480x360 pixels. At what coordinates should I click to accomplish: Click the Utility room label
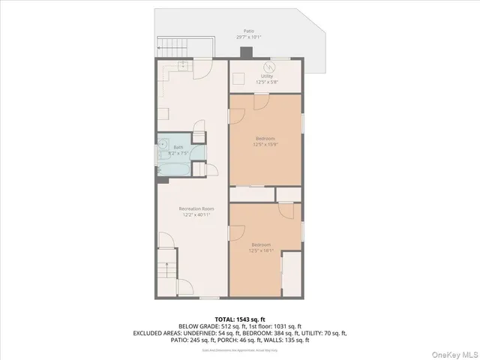pyautogui.click(x=266, y=76)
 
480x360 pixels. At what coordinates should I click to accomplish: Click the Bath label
pyautogui.click(x=178, y=147)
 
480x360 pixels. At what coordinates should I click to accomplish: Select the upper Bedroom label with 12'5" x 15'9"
pyautogui.click(x=265, y=139)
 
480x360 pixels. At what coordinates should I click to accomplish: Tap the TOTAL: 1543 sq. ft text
pyautogui.click(x=239, y=318)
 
